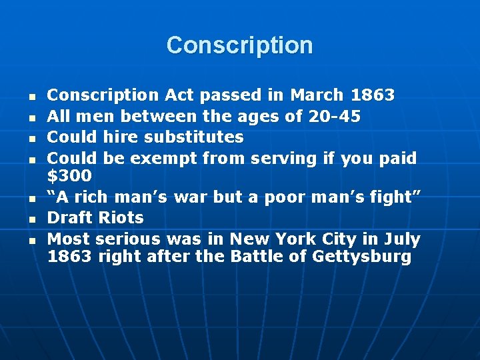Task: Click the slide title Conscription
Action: point(239,45)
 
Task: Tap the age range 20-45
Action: point(335,117)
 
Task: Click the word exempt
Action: point(163,159)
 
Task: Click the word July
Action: point(401,239)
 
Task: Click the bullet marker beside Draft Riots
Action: point(31,219)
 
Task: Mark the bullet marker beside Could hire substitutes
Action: point(31,138)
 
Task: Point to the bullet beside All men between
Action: point(31,117)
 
